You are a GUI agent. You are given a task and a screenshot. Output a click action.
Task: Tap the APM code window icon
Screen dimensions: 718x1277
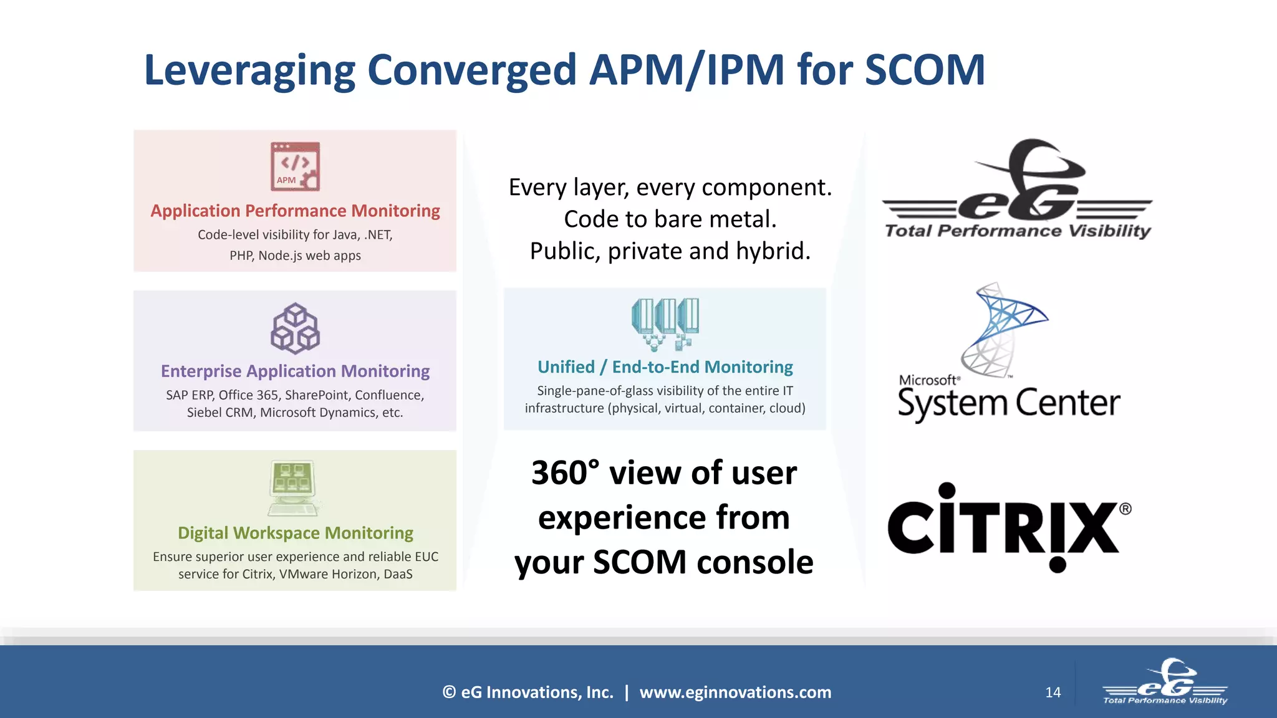pos(295,166)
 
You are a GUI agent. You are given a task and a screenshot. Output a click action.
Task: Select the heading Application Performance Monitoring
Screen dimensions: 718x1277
pos(295,211)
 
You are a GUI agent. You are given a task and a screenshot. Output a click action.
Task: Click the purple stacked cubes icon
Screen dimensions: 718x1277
pos(295,328)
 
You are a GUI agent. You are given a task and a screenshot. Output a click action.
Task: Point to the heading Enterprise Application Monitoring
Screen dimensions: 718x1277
pos(295,371)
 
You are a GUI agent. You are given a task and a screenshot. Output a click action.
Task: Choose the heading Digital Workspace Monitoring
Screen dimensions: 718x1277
pos(295,533)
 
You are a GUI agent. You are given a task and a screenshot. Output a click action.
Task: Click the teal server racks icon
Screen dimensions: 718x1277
pos(665,323)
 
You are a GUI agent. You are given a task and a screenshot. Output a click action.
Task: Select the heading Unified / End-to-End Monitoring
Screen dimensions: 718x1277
pos(665,367)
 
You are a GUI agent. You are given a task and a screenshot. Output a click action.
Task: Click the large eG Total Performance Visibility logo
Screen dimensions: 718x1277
pos(1018,190)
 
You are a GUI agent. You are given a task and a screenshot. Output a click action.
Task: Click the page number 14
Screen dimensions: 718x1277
pos(1053,692)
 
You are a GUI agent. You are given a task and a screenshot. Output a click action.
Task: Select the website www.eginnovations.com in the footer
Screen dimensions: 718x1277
pos(735,692)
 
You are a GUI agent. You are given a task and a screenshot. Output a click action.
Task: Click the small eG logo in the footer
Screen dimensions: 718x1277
pos(1165,682)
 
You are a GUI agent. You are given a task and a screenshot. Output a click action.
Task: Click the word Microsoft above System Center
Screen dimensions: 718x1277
pos(927,380)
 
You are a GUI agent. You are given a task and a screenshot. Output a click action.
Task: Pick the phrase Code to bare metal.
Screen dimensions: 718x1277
pos(670,219)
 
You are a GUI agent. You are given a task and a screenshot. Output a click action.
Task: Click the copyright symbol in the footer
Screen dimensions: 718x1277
pos(449,692)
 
